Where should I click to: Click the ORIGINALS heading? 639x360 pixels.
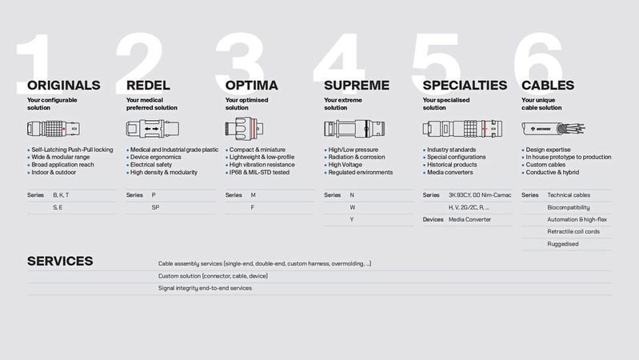64,85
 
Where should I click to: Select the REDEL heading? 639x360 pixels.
149,85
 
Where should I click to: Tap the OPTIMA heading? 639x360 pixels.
252,85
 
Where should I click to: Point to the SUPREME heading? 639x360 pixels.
357,85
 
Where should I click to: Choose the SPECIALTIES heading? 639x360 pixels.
465,85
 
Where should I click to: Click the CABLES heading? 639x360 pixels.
548,85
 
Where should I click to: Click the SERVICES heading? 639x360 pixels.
60,261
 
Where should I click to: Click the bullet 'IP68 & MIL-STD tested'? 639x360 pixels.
260,172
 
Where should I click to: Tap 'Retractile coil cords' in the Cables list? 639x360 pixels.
573,231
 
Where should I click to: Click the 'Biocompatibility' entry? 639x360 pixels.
568,207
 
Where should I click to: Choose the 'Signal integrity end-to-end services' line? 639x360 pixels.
205,288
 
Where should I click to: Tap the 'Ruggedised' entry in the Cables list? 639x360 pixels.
562,244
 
